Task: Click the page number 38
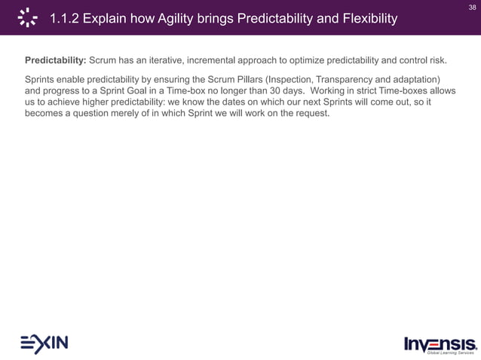[471, 7]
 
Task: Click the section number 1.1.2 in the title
[66, 19]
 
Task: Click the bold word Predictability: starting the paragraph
[56, 59]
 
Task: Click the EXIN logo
[44, 343]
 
